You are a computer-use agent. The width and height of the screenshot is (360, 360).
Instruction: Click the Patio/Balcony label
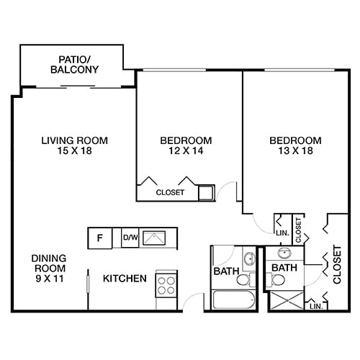tap(75, 65)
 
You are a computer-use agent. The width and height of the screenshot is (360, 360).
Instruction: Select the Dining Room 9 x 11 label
tap(48, 269)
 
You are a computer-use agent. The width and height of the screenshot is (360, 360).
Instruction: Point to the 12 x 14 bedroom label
tap(186, 145)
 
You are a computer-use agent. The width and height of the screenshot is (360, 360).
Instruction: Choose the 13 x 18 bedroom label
tap(295, 145)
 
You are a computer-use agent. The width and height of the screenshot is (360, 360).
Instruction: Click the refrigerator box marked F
tap(100, 238)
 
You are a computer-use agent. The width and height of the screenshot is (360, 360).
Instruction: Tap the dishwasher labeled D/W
tap(130, 238)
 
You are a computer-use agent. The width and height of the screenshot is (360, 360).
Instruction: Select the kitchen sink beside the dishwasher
tap(154, 237)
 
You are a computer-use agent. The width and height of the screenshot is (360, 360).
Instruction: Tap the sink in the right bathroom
tap(284, 253)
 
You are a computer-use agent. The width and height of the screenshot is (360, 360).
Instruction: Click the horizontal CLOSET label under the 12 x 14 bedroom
tap(170, 193)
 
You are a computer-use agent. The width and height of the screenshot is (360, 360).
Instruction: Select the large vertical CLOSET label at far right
tap(336, 264)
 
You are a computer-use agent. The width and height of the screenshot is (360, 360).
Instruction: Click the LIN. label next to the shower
tap(315, 306)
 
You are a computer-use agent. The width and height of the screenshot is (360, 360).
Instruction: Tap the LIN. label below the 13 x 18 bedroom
tap(281, 233)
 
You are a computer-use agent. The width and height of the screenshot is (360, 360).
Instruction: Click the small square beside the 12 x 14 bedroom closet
tap(206, 192)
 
